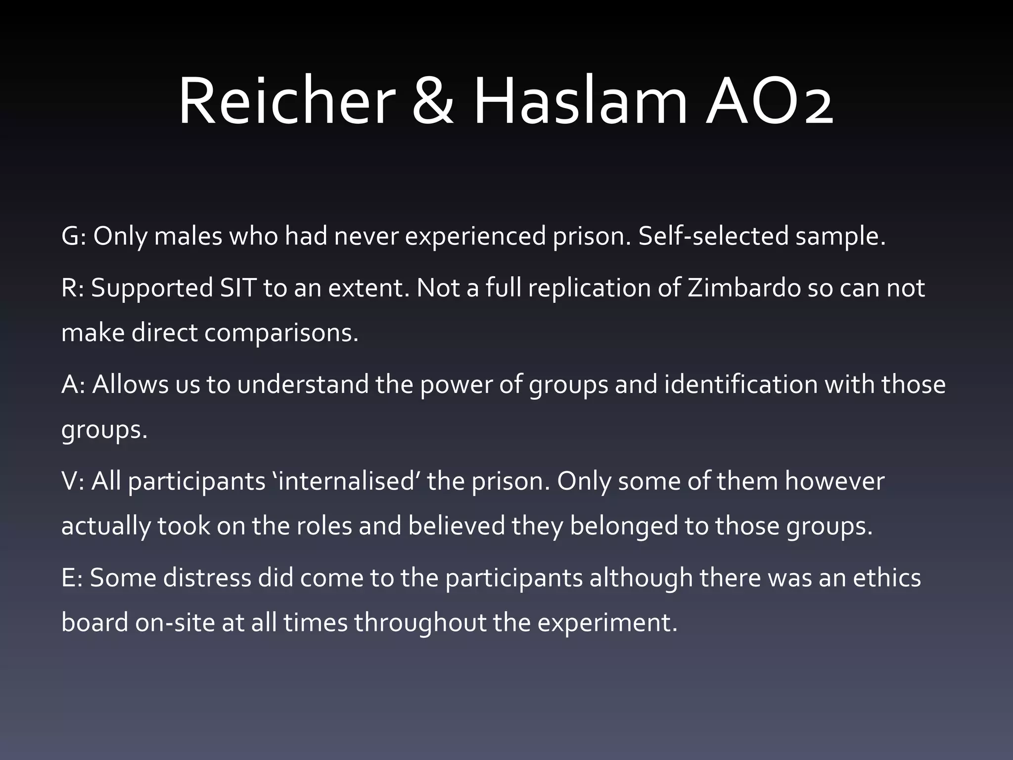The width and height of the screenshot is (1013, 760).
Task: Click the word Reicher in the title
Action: pyautogui.click(x=286, y=101)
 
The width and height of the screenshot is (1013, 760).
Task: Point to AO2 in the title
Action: pyautogui.click(x=770, y=101)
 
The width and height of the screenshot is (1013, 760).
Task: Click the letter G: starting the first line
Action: pyautogui.click(x=74, y=236)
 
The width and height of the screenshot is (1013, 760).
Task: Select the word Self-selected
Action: pyautogui.click(x=713, y=236)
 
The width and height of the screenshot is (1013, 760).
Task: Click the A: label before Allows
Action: pyautogui.click(x=74, y=384)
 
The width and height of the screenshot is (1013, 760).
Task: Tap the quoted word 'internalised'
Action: pyautogui.click(x=346, y=481)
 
